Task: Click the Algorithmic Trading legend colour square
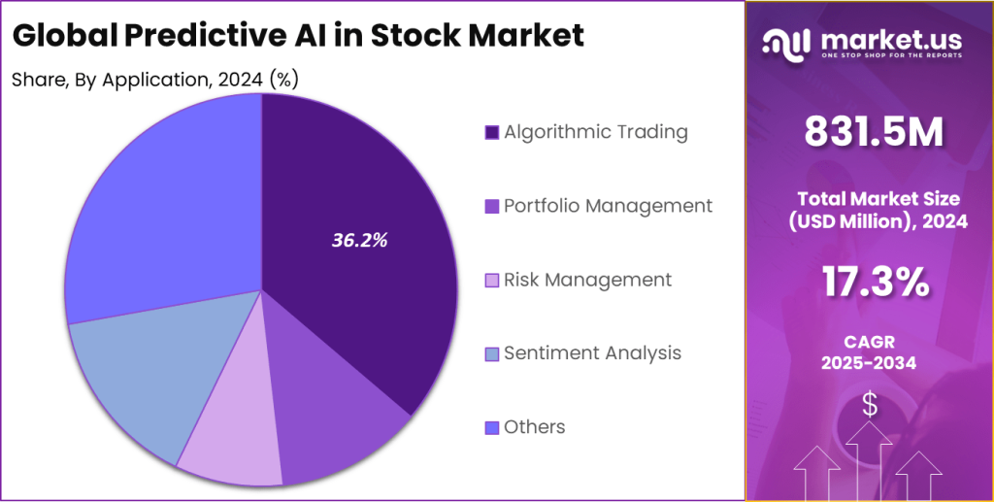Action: [x=492, y=132]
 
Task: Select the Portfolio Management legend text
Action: [x=608, y=206]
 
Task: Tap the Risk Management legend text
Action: [x=587, y=280]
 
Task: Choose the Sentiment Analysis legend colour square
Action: [x=492, y=353]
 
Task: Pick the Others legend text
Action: [x=534, y=427]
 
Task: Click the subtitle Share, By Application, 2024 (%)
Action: [x=154, y=80]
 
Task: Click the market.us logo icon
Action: [x=786, y=42]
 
